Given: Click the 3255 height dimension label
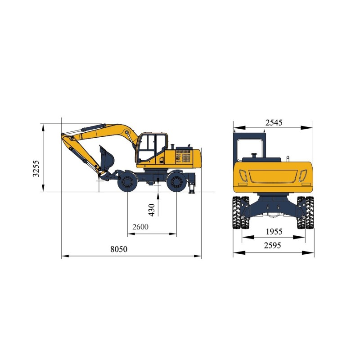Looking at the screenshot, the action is coord(36,168).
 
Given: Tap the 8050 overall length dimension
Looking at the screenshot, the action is coord(119,249).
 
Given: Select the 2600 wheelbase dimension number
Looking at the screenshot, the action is coord(140,227).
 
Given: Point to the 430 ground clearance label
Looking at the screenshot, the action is coord(152,210).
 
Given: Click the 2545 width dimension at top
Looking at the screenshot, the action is coord(274,123).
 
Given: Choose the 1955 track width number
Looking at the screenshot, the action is coord(274,232).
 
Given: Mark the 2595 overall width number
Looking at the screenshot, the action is coord(273,245).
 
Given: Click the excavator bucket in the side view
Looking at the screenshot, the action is coord(107,158).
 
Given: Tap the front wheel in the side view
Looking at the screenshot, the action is coord(127,182).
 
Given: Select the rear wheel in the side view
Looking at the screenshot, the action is coord(176,182).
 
